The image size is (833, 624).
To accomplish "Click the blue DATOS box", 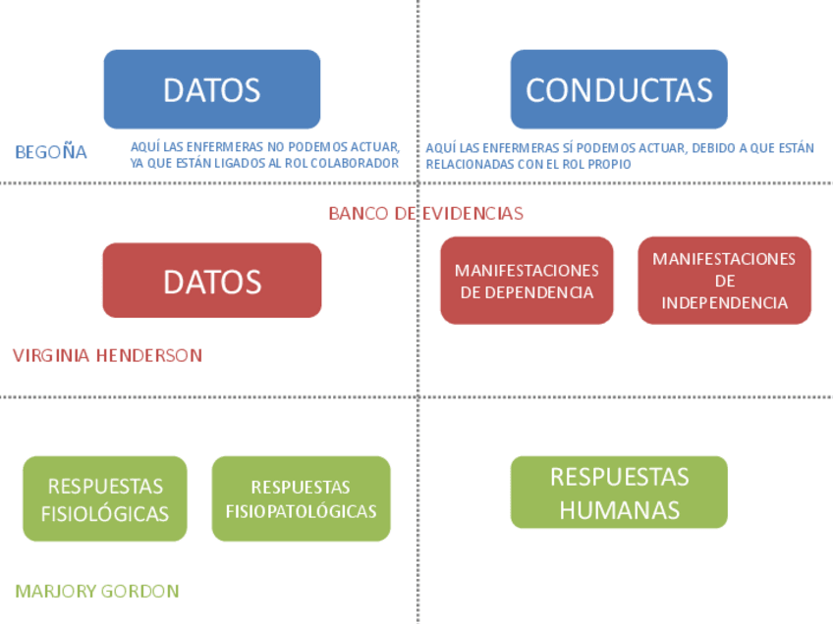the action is pos(211,89).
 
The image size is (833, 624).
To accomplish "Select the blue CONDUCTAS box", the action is pos(619,89).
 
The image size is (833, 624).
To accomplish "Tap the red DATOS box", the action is pos(211,281).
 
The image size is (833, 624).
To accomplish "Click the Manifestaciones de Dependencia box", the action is pos(527,281).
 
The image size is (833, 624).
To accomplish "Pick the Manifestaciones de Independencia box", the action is pos(724,281).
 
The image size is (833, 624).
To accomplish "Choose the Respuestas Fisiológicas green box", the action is pos(104,498).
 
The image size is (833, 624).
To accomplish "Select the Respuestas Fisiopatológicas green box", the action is pos(301,498).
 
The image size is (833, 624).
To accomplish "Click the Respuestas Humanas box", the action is pos(619,493).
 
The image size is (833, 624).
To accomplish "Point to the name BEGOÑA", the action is pos(51,152).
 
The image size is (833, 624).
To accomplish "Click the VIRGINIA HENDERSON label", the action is pos(107,355).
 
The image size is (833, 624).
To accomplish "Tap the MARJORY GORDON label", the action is pos(96,591).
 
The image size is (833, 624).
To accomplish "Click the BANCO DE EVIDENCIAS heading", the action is pos(425,213).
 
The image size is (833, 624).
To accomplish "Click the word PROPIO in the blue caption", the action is pos(606,164).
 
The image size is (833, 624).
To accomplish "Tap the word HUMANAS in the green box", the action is pos(619,510).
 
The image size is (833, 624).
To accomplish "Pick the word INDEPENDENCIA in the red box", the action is pos(724,303).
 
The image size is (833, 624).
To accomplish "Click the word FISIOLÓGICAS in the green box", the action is pos(104,513).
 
